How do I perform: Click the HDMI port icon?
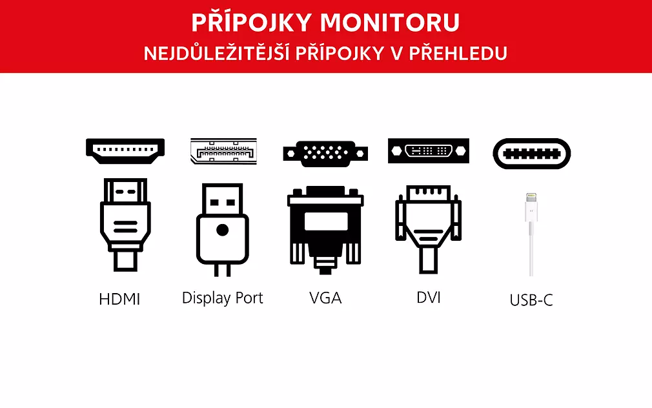coord(125,151)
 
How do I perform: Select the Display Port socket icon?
coord(224,151)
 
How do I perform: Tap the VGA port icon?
coord(325,154)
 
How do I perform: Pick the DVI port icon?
coord(428,150)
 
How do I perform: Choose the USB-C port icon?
coord(531,154)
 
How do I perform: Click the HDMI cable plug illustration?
coord(125,225)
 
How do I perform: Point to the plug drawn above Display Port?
coord(223,230)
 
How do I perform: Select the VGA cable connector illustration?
coord(325,230)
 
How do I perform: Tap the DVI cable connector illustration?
coord(428,229)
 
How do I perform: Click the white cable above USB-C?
coord(531,234)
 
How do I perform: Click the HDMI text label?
coord(119,299)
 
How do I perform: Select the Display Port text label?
coord(223,298)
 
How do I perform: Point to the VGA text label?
coord(325,298)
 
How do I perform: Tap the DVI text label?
coord(428,298)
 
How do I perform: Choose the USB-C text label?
coord(531,300)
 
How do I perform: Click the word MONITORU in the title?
coord(390,23)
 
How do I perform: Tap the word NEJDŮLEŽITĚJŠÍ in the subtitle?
coord(217,52)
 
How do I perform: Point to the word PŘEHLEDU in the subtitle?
coord(458,53)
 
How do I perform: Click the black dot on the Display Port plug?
coord(223,230)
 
